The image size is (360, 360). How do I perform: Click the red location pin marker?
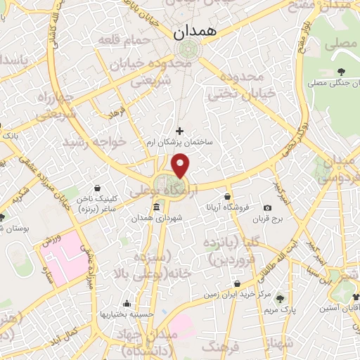click(x=181, y=167)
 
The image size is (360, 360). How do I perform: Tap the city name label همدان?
click(x=199, y=32)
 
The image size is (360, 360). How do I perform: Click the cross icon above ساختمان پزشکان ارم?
click(x=179, y=131)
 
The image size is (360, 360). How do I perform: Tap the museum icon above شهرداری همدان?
click(x=156, y=207)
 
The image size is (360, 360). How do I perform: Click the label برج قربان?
click(x=269, y=219)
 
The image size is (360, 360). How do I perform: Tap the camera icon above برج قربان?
click(x=267, y=207)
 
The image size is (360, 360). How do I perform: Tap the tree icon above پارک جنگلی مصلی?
click(x=340, y=72)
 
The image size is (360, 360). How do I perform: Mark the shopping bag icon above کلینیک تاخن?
click(x=96, y=188)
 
